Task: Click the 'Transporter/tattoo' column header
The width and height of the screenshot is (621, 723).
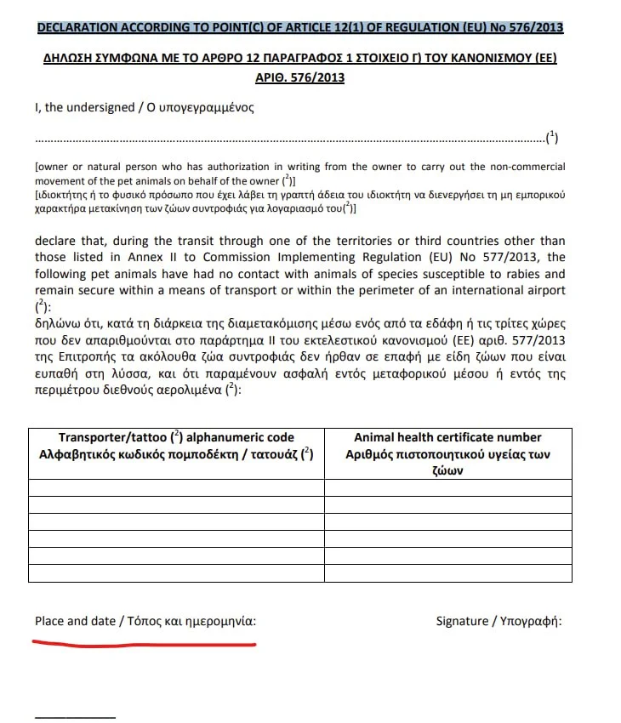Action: click(x=98, y=437)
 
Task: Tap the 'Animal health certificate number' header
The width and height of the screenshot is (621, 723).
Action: click(x=447, y=437)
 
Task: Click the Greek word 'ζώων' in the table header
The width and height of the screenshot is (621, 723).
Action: click(x=447, y=470)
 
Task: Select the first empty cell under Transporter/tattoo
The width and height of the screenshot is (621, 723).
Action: click(x=176, y=487)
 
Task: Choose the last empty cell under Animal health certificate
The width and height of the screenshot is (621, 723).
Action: click(x=447, y=572)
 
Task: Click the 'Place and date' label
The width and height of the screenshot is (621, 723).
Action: click(x=75, y=621)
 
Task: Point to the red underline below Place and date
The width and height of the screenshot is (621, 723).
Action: click(x=145, y=644)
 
